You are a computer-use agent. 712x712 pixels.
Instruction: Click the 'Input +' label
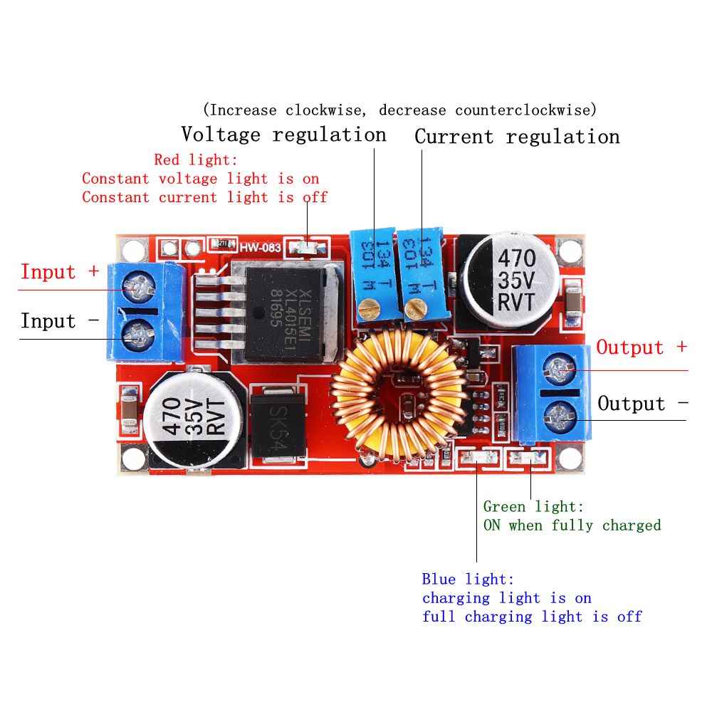click(59, 272)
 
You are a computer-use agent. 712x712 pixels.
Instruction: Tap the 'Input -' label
click(59, 321)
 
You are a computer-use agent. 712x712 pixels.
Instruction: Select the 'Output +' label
click(642, 347)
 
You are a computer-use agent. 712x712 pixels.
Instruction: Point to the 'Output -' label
click(642, 404)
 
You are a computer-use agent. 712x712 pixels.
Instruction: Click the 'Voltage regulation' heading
click(283, 134)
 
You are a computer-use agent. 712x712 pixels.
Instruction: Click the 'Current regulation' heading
click(517, 136)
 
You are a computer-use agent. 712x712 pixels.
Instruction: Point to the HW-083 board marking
click(261, 248)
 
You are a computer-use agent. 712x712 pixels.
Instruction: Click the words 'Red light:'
click(196, 159)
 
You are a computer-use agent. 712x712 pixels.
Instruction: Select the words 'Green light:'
click(533, 507)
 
